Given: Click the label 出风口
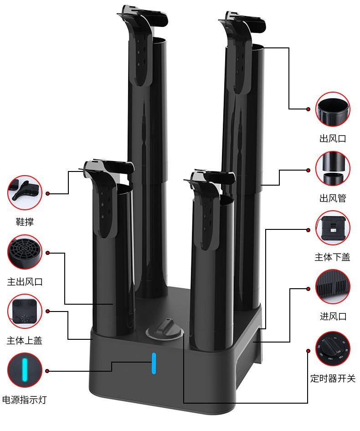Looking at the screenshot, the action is click(333, 138).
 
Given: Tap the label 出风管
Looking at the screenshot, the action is click(333, 198).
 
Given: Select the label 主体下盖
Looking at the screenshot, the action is click(333, 257).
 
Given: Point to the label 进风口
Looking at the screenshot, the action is click(333, 316).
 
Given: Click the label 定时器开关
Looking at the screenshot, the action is click(333, 378).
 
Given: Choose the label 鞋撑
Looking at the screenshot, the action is click(25, 222).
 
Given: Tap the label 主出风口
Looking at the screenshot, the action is click(25, 281).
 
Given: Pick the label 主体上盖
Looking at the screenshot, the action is click(25, 341).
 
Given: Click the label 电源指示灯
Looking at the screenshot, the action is click(25, 400).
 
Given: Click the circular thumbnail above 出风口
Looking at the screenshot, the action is click(333, 109).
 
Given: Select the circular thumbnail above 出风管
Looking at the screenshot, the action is click(333, 169).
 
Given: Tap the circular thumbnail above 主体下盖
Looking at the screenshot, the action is click(333, 228).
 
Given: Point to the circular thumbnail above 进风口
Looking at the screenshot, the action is click(333, 287).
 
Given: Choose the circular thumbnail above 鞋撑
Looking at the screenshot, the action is click(25, 193).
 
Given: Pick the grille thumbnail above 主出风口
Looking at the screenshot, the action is click(25, 252).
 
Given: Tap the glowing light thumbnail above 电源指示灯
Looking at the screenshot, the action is click(25, 370).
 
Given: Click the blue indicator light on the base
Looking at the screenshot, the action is click(154, 363).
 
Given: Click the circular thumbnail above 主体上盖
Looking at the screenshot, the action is click(25, 312).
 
